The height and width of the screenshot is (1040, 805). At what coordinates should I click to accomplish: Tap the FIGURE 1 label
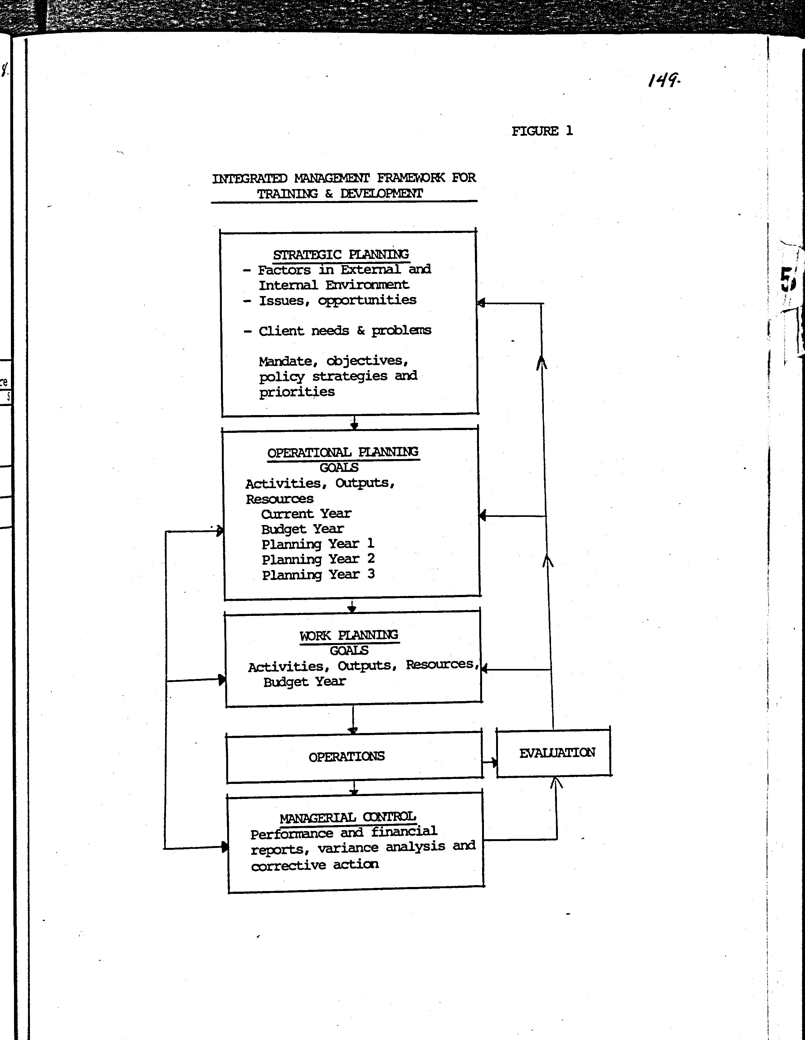[x=542, y=131]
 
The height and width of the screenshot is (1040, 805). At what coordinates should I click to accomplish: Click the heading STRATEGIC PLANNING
[x=341, y=255]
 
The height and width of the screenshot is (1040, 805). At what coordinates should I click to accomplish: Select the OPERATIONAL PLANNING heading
[x=343, y=452]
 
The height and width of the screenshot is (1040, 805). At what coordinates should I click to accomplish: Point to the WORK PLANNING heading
[x=349, y=635]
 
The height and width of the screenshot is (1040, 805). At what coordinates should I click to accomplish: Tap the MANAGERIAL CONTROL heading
[x=348, y=818]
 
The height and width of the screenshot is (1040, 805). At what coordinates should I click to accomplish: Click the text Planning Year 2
[x=318, y=559]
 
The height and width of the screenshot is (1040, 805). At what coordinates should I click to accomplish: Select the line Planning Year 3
[x=318, y=575]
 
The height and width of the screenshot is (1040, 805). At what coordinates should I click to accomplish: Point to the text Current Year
[x=306, y=514]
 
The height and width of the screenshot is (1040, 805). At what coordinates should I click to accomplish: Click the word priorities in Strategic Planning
[x=297, y=392]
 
